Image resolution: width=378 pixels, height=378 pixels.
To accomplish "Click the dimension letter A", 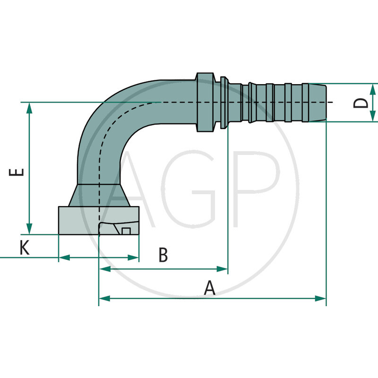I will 209,288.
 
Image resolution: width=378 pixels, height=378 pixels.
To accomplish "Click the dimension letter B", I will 163,255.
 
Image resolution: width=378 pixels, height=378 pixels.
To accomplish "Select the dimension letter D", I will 361,103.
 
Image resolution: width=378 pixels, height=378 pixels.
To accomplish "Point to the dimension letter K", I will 24,247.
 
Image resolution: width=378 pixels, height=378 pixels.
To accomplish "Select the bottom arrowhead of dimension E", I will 30,229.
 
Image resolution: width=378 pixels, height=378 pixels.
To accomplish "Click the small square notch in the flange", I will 126,231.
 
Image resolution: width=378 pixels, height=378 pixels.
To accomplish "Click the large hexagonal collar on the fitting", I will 204,103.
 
